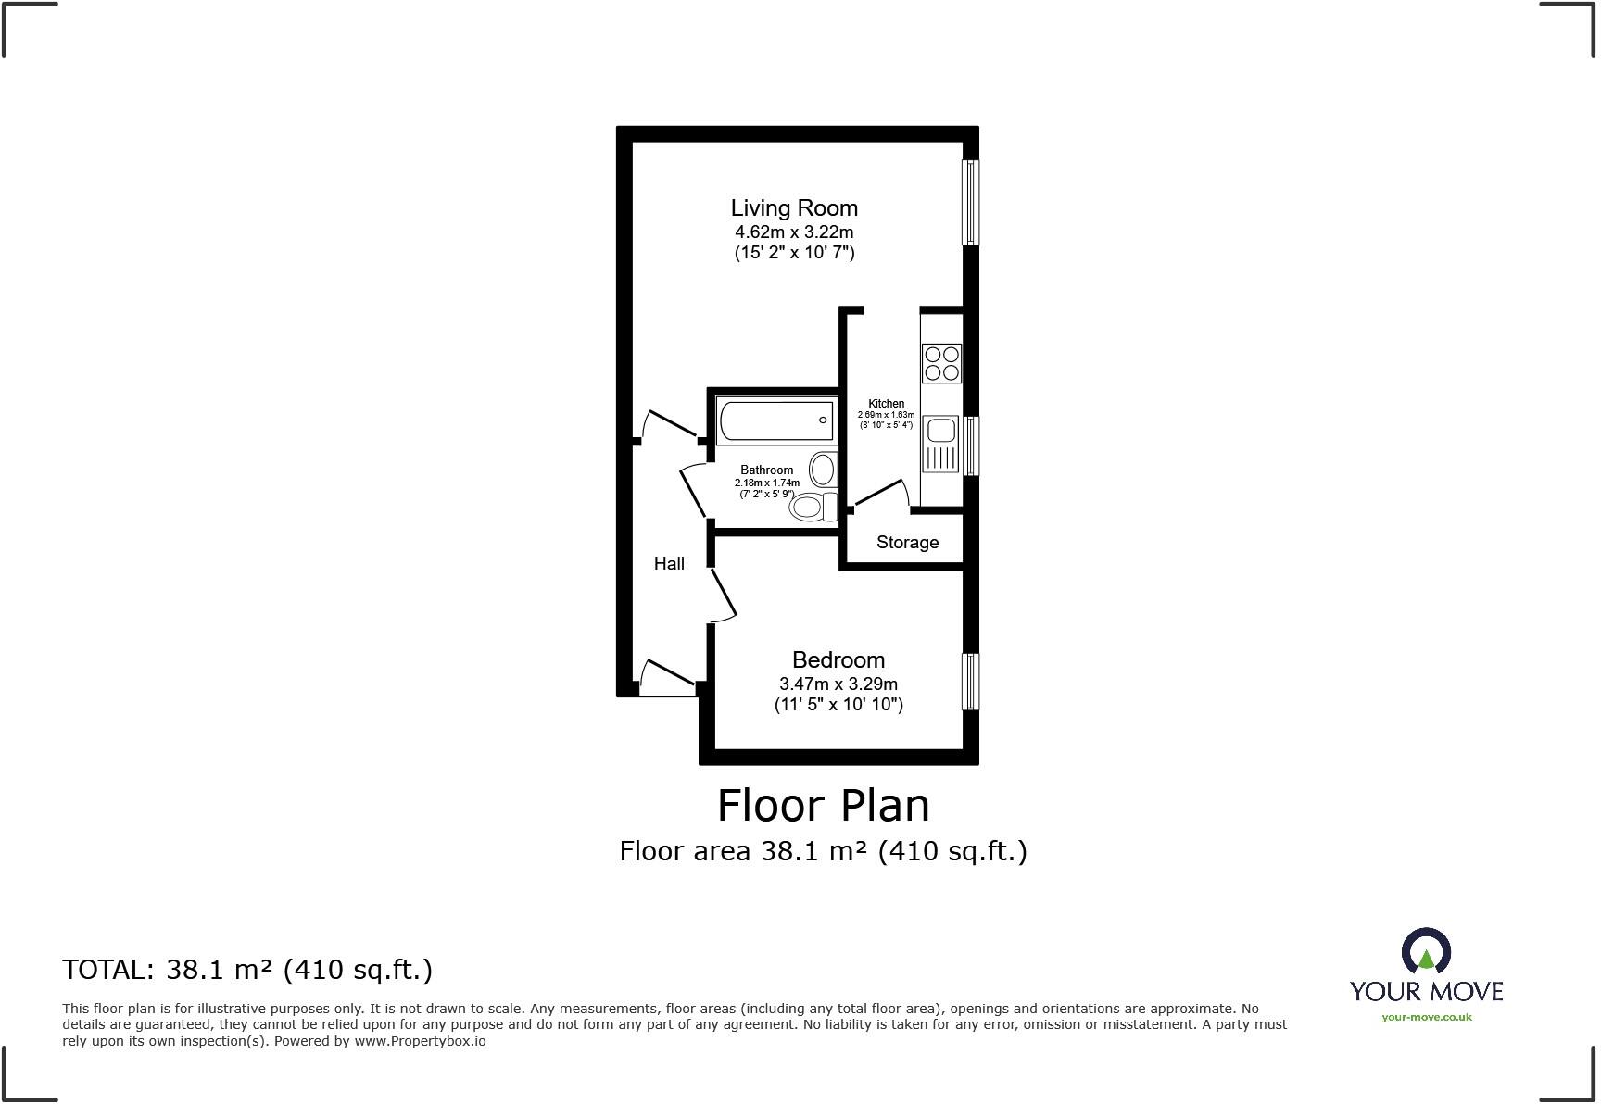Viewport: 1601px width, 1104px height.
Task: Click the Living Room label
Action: [794, 208]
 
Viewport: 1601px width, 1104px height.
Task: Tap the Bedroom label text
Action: [838, 660]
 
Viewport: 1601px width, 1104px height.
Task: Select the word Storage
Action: [907, 543]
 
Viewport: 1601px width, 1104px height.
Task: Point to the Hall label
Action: [669, 563]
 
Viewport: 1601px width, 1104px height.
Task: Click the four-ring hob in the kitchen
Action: [941, 363]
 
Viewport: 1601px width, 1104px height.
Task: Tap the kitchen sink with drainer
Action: [941, 444]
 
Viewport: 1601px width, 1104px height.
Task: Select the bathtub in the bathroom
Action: [775, 421]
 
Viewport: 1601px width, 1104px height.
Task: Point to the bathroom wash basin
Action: [823, 470]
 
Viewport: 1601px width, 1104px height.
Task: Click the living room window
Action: [970, 202]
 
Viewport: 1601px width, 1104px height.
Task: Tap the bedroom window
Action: [970, 682]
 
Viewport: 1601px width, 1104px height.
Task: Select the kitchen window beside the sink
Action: [970, 445]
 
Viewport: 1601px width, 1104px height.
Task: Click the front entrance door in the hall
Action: [667, 680]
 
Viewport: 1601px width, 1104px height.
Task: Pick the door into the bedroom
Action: [724, 594]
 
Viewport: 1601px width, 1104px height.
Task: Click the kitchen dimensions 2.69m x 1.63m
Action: [886, 415]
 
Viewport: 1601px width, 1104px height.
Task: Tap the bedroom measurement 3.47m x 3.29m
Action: [838, 684]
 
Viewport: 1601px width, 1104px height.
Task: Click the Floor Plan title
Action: [823, 806]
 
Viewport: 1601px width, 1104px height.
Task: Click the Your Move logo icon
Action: [1426, 952]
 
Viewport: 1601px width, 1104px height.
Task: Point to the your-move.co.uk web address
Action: [1426, 1017]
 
